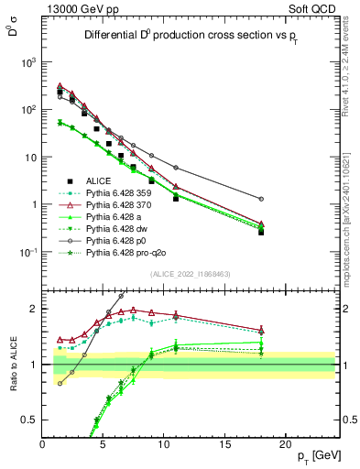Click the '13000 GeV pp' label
[x=78, y=8]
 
